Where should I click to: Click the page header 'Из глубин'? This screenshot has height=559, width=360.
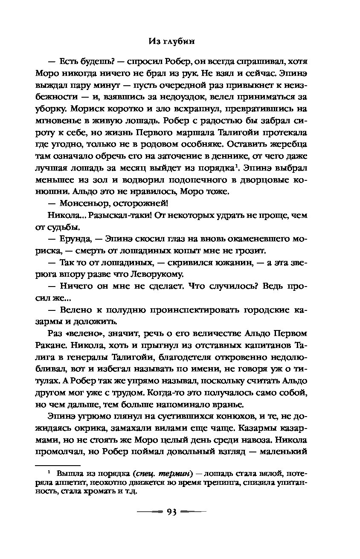(x=180, y=41)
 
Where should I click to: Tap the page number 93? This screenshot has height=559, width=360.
(x=172, y=512)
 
